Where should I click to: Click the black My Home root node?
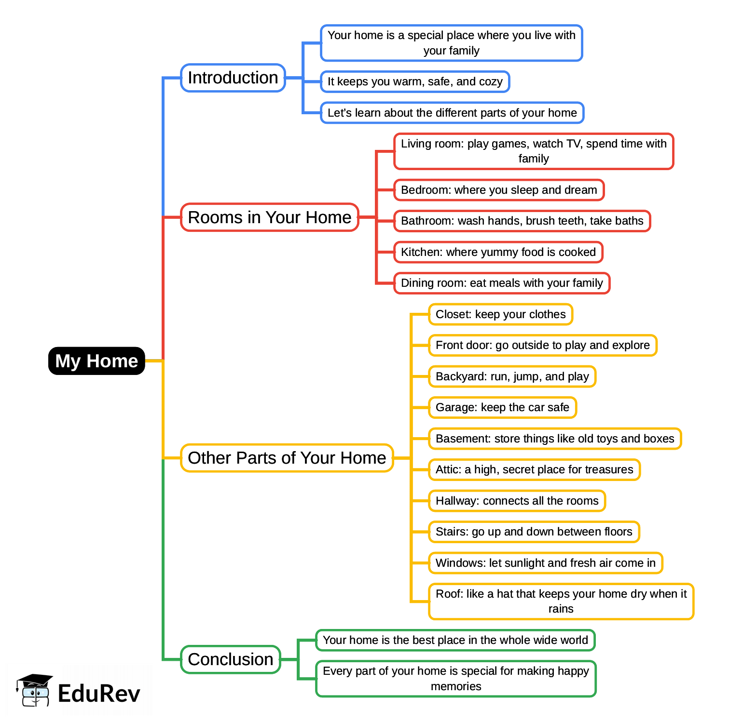tap(96, 361)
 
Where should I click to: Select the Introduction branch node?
tap(233, 78)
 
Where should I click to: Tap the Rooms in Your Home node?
tap(269, 217)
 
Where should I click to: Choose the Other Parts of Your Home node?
tap(287, 458)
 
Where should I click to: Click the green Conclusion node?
tap(231, 659)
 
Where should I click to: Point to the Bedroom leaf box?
tap(499, 190)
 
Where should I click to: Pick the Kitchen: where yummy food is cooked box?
tap(498, 252)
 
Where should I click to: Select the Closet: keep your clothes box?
tap(500, 314)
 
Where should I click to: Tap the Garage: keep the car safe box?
tap(502, 407)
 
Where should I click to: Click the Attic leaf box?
tap(534, 469)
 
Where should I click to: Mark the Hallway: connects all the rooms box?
tap(517, 501)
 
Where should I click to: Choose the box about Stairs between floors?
tap(534, 532)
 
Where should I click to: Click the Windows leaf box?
tap(545, 563)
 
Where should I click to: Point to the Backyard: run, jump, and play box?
tap(512, 376)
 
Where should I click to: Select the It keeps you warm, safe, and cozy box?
tap(415, 81)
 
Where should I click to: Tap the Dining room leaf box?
tap(502, 283)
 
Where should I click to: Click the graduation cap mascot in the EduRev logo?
tap(34, 690)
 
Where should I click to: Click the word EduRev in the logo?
tap(99, 694)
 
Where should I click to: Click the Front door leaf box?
tap(542, 345)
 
